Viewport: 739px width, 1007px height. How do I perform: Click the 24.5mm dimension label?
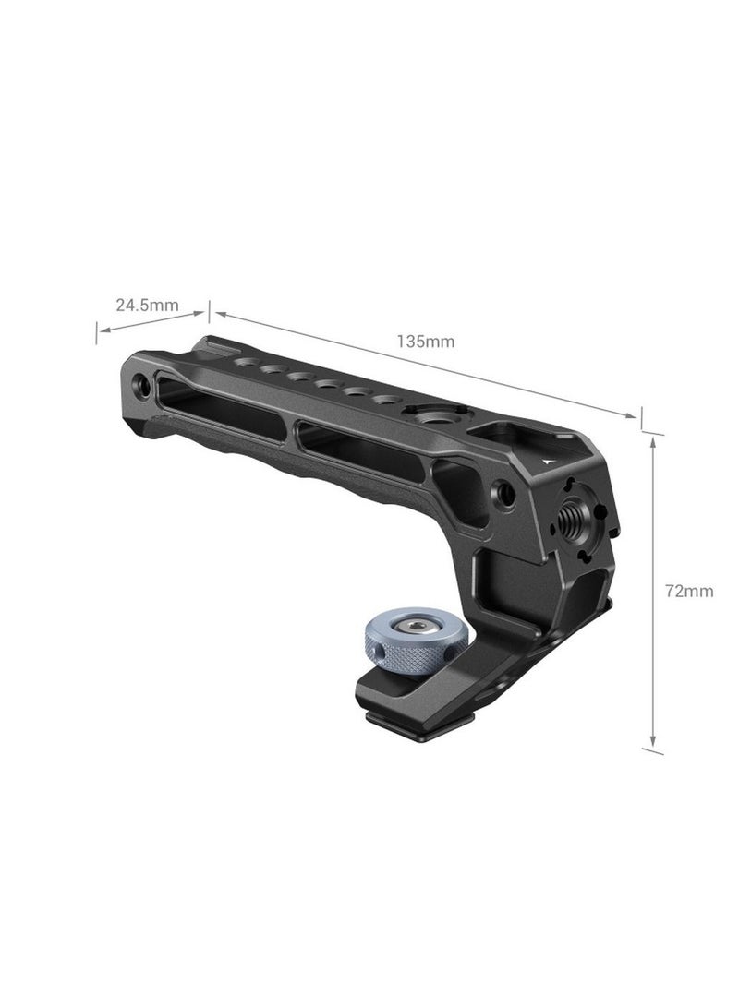coord(147,304)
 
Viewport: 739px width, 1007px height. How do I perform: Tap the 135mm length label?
coord(426,341)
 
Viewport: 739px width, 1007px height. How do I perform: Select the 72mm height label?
coord(689,591)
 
